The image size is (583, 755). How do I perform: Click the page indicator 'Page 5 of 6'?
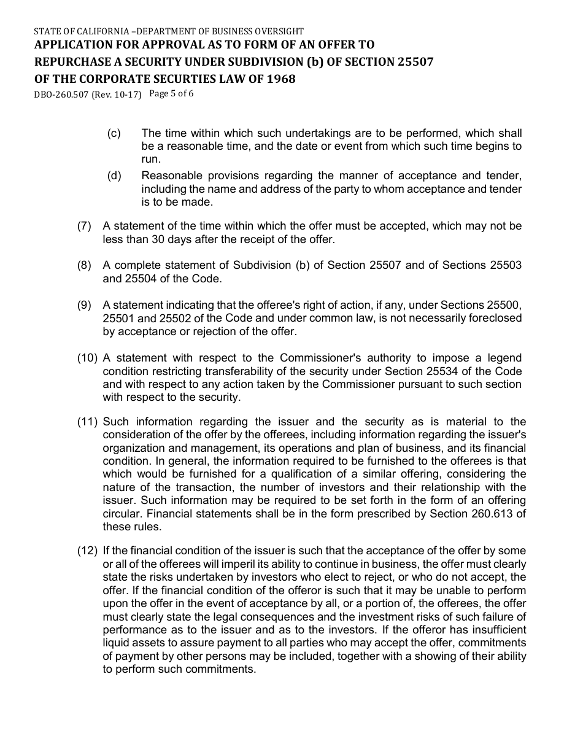click(x=171, y=94)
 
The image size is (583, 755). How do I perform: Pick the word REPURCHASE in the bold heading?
click(x=69, y=62)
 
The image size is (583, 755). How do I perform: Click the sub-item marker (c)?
click(x=114, y=133)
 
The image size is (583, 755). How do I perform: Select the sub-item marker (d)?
click(x=114, y=176)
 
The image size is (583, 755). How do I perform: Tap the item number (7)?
click(x=84, y=226)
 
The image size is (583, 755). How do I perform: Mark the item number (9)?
click(x=84, y=305)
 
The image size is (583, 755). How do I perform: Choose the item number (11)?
click(x=87, y=421)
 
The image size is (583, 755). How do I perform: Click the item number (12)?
click(x=87, y=551)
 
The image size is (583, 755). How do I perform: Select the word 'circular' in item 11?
click(x=122, y=514)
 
